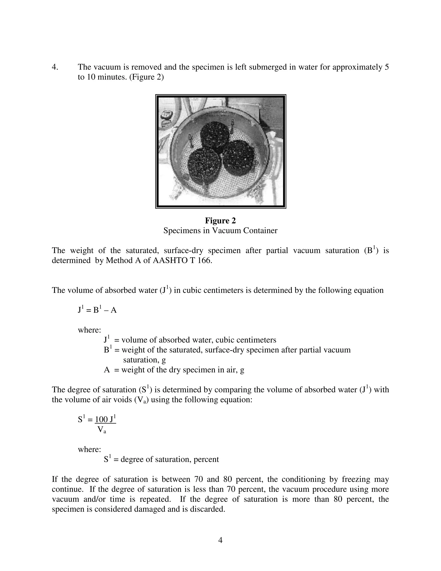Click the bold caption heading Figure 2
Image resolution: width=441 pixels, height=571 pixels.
point(220,221)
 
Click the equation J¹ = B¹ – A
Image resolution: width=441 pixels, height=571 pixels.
point(97,310)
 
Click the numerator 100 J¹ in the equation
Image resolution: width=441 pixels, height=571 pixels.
point(105,419)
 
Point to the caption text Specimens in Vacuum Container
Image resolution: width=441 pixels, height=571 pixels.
point(220,231)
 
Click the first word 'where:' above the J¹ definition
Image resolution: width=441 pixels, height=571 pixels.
point(89,330)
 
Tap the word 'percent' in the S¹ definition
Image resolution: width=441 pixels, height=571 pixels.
point(206,459)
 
